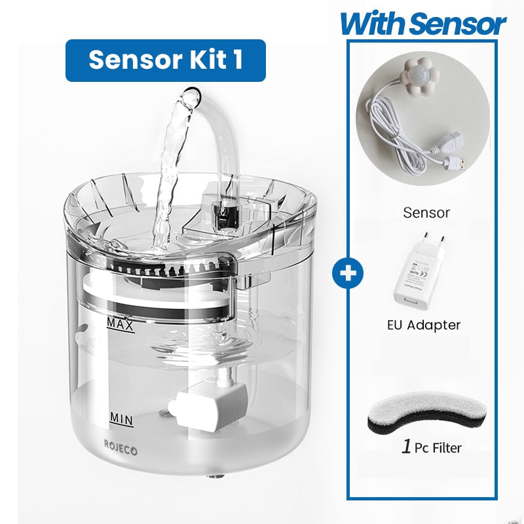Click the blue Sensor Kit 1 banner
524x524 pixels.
click(165, 60)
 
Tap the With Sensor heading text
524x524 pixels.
click(422, 25)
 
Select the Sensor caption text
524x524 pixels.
click(426, 213)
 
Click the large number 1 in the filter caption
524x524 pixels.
click(406, 447)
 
